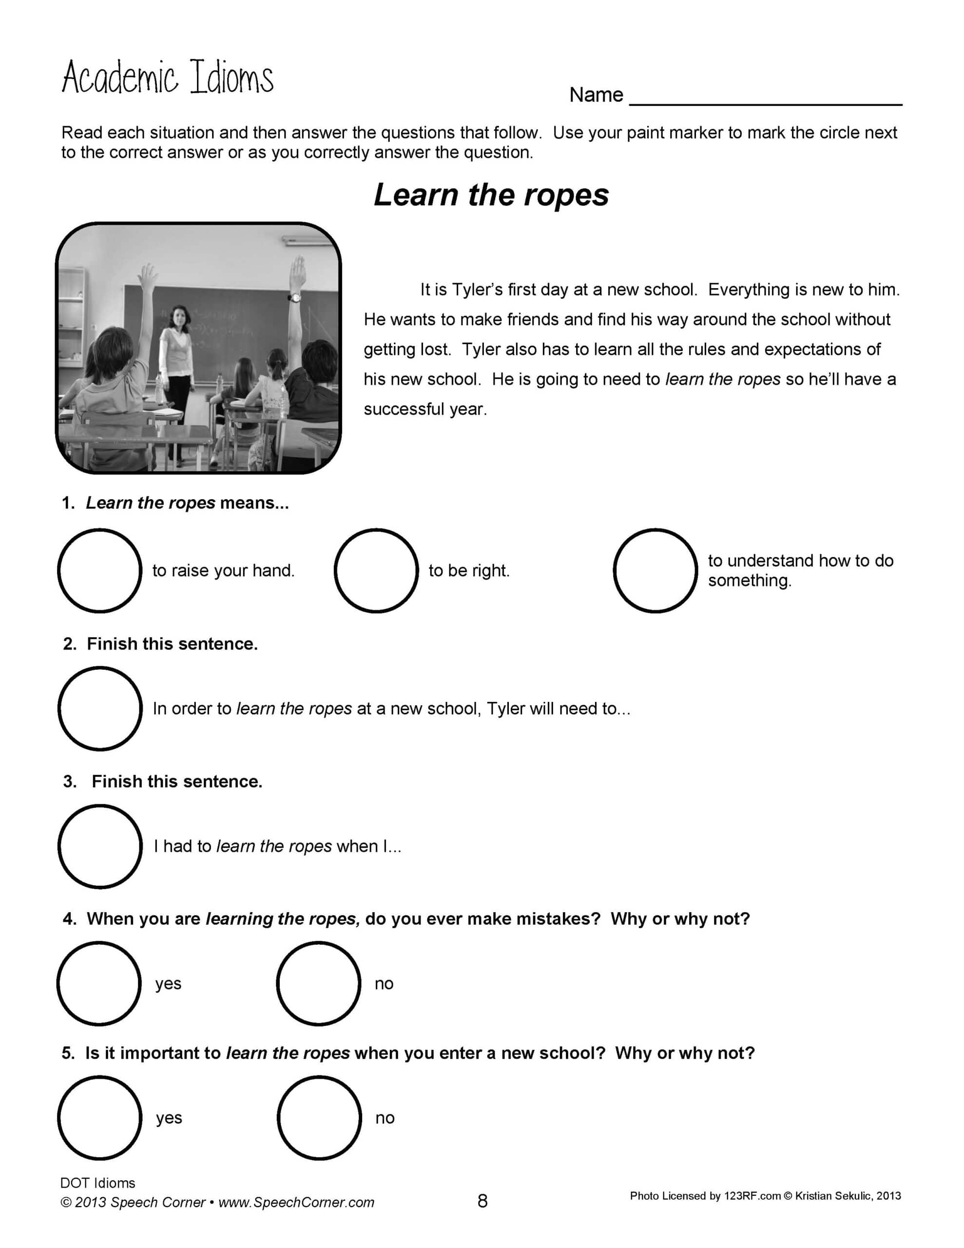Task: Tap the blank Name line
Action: click(x=765, y=97)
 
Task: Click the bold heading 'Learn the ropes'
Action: click(x=491, y=195)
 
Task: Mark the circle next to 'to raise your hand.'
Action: click(x=99, y=570)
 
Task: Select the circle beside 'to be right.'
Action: click(x=376, y=570)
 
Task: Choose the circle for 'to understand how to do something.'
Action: click(x=655, y=570)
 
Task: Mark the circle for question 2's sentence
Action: click(x=100, y=708)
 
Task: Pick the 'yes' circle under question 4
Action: click(x=99, y=983)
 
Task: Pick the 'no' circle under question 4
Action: click(x=318, y=983)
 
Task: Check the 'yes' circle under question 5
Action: click(x=99, y=1117)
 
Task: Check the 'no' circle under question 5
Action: click(x=319, y=1117)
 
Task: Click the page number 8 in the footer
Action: click(x=482, y=1201)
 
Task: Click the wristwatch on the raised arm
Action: click(x=294, y=297)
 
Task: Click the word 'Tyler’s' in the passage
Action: click(x=477, y=290)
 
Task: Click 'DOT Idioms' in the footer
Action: click(x=97, y=1183)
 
